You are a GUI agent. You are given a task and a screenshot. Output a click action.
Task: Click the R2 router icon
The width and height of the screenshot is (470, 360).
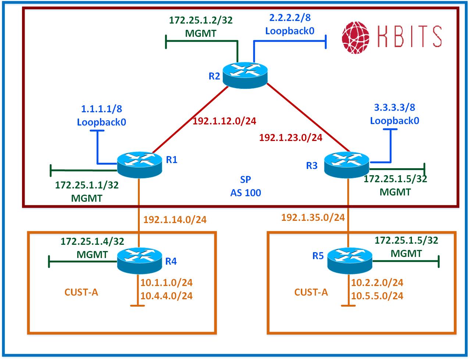coord(246,74)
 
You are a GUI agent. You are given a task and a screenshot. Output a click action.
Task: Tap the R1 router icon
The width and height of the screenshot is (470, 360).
coord(139,164)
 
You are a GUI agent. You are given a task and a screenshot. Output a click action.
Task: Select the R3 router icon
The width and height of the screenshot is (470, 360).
coord(347,164)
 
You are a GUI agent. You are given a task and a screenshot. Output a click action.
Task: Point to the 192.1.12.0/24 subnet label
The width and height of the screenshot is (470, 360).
coord(224,121)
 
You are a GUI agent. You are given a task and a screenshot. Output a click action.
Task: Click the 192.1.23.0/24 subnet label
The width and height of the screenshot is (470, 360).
coord(291,138)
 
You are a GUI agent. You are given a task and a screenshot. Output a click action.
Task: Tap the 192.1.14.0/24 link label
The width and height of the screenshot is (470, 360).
coord(175,220)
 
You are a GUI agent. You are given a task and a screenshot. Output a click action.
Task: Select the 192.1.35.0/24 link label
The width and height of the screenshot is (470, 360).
coord(313,218)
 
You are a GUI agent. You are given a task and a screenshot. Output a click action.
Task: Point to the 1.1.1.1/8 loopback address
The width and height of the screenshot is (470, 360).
coord(101,109)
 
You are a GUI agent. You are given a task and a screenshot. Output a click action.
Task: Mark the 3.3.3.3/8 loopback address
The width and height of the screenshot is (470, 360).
coord(394,108)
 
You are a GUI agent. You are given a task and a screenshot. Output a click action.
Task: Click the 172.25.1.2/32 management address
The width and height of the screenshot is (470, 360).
coord(201,20)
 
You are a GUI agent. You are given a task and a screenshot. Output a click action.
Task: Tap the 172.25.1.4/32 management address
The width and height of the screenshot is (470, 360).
coord(92,241)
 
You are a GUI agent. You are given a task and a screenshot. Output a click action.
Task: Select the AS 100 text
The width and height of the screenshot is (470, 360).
coord(246,193)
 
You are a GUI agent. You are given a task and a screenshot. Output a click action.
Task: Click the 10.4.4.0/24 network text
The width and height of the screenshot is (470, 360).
coord(167,296)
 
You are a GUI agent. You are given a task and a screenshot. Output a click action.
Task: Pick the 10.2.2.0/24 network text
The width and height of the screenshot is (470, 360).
coord(377,283)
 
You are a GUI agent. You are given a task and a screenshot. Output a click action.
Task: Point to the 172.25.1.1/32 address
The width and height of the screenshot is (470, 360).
coord(87,185)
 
